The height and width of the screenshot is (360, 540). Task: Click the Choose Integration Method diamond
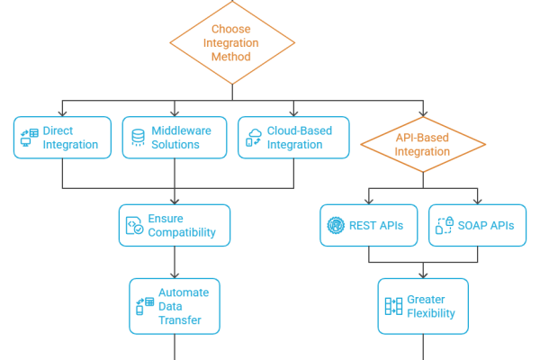232,41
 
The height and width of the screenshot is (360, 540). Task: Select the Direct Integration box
62,138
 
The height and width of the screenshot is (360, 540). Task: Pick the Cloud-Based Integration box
293,138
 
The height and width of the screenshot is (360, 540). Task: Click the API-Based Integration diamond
423,145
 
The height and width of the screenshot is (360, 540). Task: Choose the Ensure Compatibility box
174,226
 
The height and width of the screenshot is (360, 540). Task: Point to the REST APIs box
369,225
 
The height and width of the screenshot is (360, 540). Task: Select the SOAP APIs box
477,225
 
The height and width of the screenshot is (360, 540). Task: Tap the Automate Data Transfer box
174,306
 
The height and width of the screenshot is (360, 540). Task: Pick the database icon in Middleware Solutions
138,138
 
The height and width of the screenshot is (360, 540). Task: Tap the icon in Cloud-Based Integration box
256,138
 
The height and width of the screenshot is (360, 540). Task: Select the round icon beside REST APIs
337,225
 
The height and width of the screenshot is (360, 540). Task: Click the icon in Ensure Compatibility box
134,226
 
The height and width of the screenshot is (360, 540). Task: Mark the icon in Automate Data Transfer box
144,306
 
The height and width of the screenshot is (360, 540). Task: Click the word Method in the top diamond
232,56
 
